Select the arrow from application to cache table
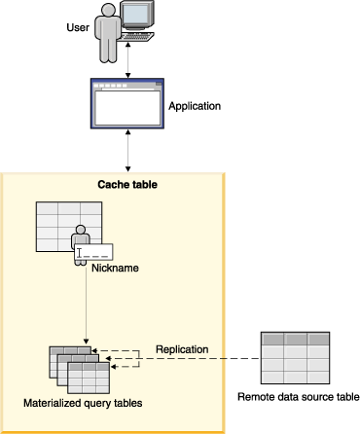coord(128,151)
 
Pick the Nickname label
coord(112,268)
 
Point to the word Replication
coord(182,347)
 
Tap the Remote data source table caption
coord(299,396)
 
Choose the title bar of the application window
coord(128,85)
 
